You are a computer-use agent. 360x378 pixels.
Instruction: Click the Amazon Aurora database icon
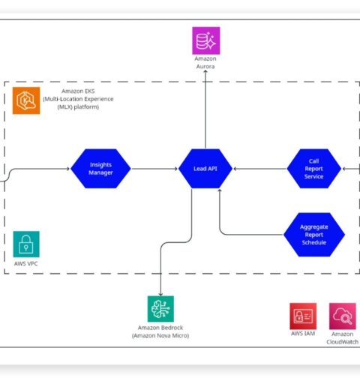[x=206, y=40]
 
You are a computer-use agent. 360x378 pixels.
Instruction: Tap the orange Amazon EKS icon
[x=26, y=100]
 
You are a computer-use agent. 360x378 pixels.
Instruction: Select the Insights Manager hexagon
[x=100, y=169]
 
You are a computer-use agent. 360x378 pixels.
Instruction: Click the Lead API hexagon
[x=205, y=169]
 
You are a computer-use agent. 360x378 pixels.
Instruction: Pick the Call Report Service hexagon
[x=314, y=169]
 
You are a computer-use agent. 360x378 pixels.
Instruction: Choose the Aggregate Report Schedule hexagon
[x=314, y=235]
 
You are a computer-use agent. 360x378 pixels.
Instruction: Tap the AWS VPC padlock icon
[x=26, y=244]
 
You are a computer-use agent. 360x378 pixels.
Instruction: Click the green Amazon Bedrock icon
[x=160, y=309]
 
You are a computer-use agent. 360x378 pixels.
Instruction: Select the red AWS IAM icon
[x=303, y=316]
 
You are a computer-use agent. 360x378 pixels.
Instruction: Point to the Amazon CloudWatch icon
[x=343, y=316]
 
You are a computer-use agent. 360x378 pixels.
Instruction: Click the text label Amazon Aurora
[x=205, y=62]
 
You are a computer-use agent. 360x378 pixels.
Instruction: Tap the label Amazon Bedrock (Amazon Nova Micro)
[x=160, y=331]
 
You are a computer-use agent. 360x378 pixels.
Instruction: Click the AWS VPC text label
[x=26, y=263]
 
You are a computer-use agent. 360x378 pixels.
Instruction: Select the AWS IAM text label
[x=303, y=334]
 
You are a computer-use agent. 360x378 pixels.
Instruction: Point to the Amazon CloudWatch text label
[x=343, y=337]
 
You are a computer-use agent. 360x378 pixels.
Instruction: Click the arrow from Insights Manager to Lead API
[x=154, y=169]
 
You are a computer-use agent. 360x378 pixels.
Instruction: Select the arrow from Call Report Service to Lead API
[x=260, y=169]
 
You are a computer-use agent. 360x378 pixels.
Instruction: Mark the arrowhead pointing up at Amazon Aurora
[x=205, y=71]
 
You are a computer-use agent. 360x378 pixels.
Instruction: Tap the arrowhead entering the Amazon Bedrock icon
[x=160, y=294]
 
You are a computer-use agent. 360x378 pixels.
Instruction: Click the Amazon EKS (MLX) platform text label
[x=78, y=99]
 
